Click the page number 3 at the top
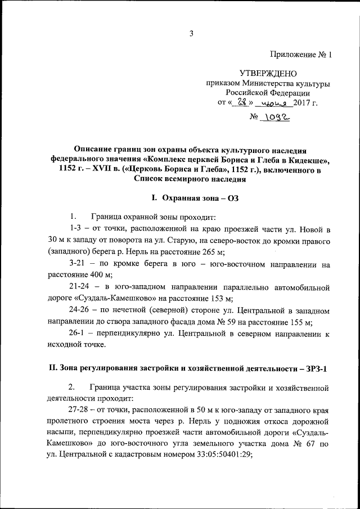pos(191,33)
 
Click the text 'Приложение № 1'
pos(301,55)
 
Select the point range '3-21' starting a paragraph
pos(77,264)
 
